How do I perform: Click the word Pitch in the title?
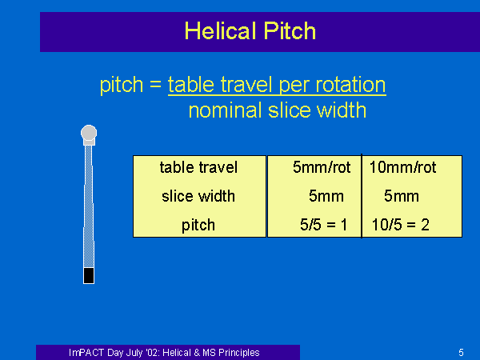tap(290, 31)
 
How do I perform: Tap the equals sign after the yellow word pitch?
tap(155, 84)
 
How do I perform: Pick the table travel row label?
tap(198, 167)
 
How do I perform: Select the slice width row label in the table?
tap(198, 196)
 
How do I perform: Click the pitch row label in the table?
tap(198, 226)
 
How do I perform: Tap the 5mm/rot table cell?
tap(322, 167)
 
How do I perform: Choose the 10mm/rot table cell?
tap(402, 167)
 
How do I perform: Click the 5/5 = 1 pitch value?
tap(323, 225)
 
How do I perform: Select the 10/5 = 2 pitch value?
tap(401, 225)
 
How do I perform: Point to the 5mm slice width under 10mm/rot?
tap(402, 196)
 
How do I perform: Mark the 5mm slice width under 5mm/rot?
tap(326, 196)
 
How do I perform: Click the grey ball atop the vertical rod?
tap(89, 133)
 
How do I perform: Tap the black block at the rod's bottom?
tap(89, 275)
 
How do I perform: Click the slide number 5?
tap(461, 353)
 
